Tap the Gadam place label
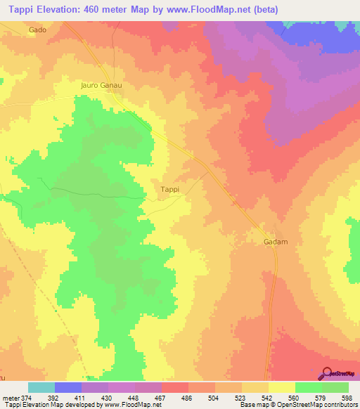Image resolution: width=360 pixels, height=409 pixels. point(265,242)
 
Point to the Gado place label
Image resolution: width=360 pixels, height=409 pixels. point(37,30)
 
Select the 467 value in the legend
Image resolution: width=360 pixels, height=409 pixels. point(148,397)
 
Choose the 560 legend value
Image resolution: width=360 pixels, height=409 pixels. point(282,397)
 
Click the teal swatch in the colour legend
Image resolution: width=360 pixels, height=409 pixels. point(41,387)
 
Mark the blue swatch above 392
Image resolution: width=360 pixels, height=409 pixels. point(68,387)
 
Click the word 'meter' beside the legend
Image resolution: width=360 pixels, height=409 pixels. point(9,397)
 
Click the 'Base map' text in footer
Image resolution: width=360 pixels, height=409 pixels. point(253,405)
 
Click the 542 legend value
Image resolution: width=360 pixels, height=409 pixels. point(255,397)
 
